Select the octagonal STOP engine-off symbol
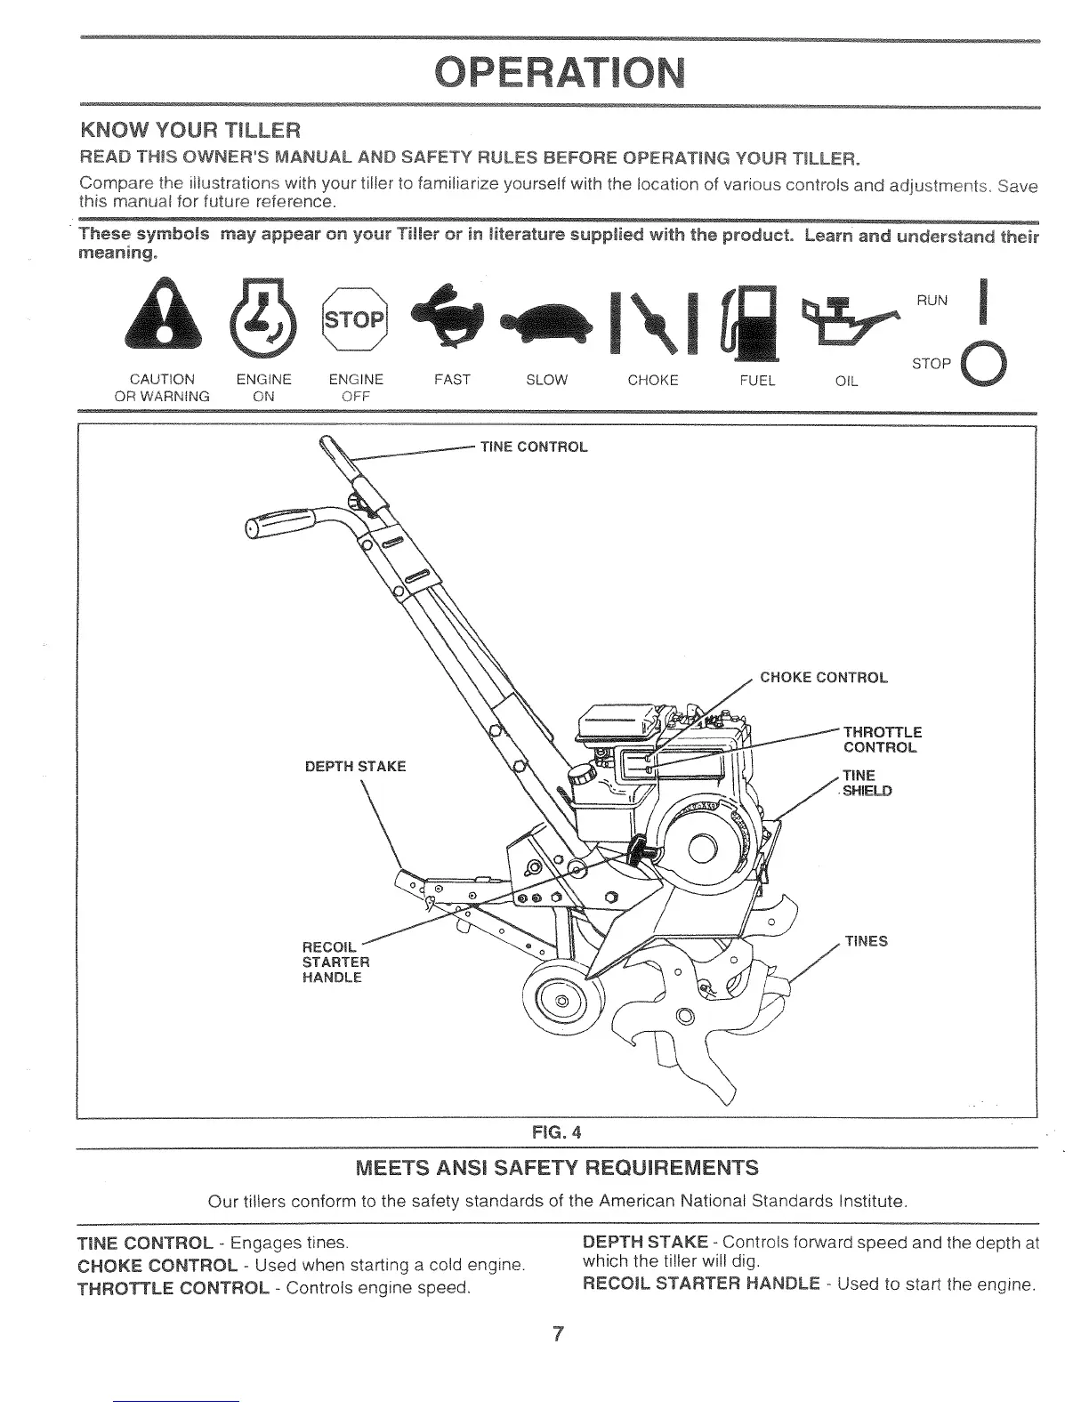[x=353, y=318]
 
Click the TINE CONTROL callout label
[x=534, y=447]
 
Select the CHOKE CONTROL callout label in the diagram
[x=823, y=678]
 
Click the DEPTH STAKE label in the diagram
[x=354, y=766]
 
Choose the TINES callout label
[x=866, y=941]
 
